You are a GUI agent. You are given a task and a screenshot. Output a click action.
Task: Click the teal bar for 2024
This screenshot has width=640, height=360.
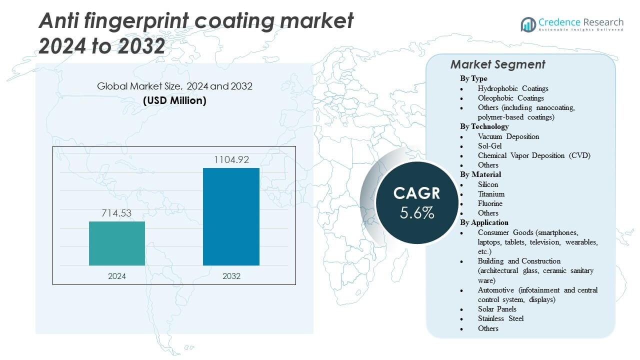tap(117, 243)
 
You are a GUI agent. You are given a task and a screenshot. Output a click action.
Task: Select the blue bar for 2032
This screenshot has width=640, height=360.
tap(231, 216)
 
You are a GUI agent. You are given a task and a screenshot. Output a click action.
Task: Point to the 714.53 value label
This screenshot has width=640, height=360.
tap(117, 213)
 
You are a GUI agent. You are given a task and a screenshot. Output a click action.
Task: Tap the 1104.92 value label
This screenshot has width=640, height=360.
tap(231, 160)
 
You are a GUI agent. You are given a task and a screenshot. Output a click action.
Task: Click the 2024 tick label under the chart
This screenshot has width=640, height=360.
tap(117, 276)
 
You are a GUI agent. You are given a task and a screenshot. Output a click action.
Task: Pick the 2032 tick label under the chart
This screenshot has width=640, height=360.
tap(231, 276)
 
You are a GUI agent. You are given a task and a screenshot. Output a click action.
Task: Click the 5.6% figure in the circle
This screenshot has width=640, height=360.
tap(416, 212)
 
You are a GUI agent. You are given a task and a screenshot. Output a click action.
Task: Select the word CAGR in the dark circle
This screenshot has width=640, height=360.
tap(416, 193)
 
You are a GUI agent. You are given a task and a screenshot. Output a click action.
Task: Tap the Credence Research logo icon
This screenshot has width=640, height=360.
tap(528, 24)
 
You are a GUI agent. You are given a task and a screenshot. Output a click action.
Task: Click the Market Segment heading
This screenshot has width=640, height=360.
tap(497, 64)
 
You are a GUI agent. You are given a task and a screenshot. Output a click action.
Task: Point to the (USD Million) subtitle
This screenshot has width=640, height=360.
tap(174, 100)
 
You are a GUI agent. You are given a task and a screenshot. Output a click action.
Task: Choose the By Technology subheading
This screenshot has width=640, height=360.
tap(484, 126)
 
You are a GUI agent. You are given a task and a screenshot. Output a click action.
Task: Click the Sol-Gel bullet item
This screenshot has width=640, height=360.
tap(489, 145)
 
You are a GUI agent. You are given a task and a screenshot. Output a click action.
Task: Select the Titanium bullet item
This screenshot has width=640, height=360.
tap(491, 194)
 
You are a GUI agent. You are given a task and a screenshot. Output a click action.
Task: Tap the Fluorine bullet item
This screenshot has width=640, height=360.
tap(490, 203)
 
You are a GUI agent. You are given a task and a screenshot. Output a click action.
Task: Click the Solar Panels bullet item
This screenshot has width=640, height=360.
tap(497, 309)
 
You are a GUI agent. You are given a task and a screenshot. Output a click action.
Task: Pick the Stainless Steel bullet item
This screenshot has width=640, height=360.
tap(500, 318)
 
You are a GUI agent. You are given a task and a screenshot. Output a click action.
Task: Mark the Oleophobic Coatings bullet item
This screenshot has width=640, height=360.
tap(510, 98)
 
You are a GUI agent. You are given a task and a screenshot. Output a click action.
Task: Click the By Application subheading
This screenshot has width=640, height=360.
tap(484, 222)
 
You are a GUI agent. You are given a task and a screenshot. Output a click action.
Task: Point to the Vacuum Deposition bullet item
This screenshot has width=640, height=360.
tap(508, 136)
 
